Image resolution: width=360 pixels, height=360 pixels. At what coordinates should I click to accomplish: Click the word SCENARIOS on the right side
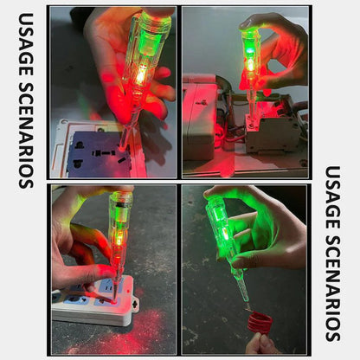pyautogui.click(x=333, y=286)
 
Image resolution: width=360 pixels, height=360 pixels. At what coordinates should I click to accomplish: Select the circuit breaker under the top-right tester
pyautogui.click(x=268, y=130)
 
